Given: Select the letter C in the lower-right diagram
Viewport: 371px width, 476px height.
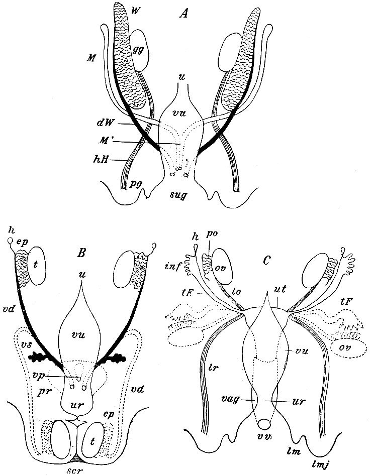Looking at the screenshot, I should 268,262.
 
